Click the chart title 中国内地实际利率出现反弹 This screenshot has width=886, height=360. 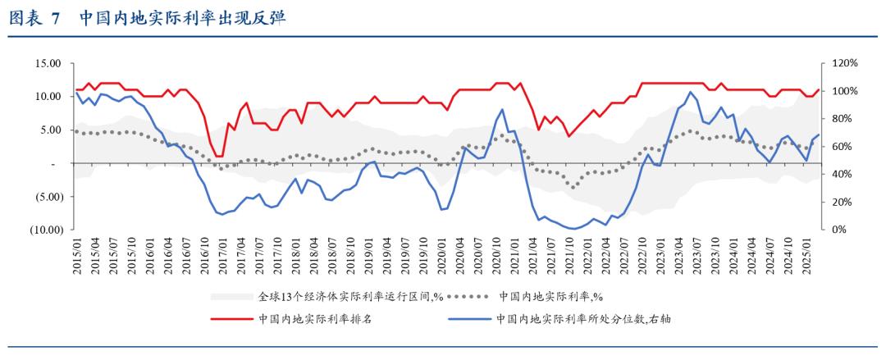click(184, 18)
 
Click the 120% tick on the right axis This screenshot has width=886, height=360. click(844, 63)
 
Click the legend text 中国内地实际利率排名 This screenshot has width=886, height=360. click(315, 319)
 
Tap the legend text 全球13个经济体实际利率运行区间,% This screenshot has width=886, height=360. click(352, 296)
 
